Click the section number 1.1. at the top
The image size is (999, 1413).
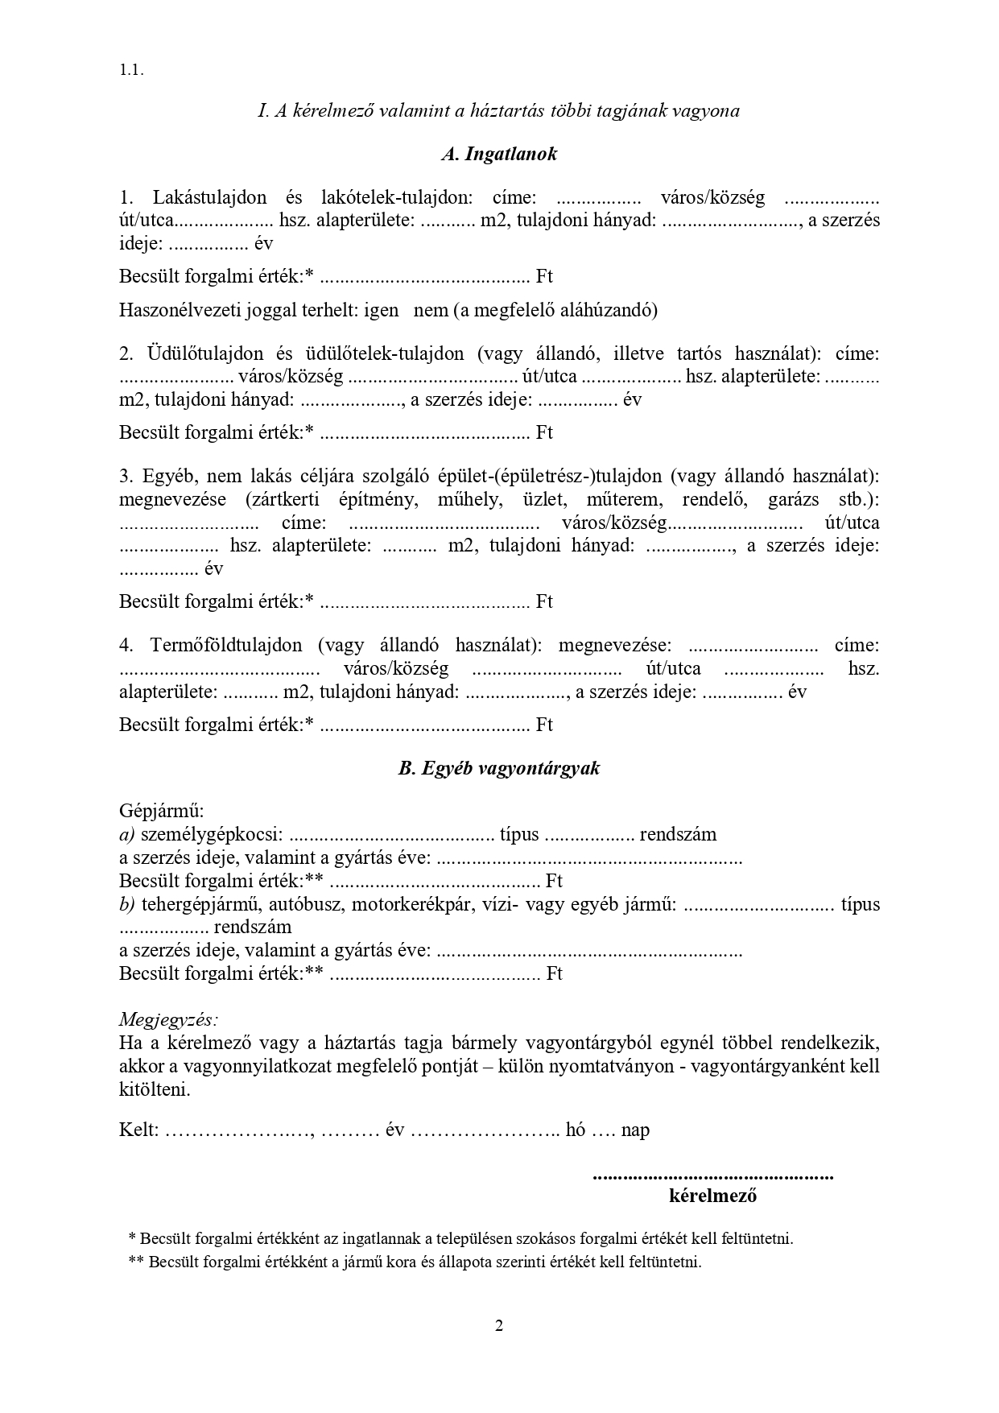(x=131, y=70)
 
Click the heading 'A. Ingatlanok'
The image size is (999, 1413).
(x=499, y=155)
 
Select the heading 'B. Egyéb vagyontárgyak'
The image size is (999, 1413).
(x=499, y=768)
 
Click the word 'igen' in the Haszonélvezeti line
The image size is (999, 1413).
(x=381, y=310)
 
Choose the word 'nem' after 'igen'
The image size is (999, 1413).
(x=431, y=310)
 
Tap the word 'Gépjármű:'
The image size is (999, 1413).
(x=162, y=811)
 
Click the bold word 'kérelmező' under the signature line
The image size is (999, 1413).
(x=712, y=1196)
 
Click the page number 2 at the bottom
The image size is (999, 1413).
(x=499, y=1326)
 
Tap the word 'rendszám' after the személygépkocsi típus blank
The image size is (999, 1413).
(x=678, y=834)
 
